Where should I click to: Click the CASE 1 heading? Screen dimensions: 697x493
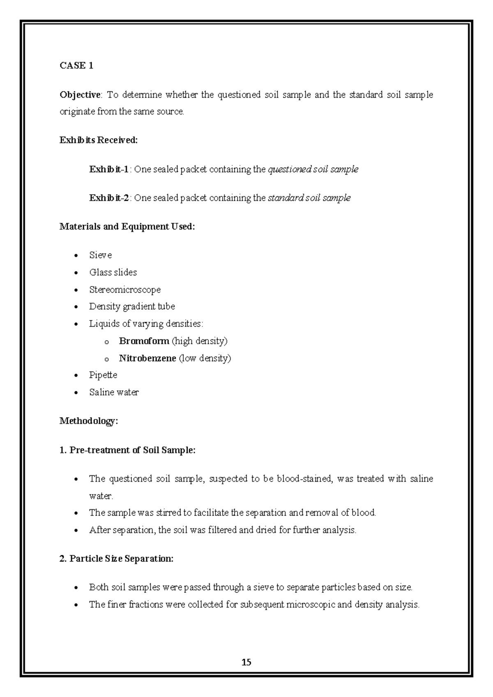click(76, 66)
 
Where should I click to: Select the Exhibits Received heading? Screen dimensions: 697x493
click(99, 140)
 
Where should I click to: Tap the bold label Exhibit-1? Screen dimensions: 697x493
click(109, 169)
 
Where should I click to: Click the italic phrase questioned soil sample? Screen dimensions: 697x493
click(313, 169)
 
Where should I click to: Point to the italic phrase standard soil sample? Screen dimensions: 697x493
click(309, 198)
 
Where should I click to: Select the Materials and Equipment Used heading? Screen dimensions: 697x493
click(127, 226)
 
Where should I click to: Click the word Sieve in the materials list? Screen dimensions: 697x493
click(100, 255)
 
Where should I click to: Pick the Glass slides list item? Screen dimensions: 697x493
click(113, 272)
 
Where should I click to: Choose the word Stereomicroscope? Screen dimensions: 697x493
click(125, 290)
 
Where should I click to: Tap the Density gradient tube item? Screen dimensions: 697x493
click(132, 307)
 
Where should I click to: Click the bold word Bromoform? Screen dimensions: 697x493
click(144, 341)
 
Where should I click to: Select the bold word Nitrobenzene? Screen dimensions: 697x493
click(147, 358)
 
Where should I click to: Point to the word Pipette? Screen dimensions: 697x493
click(103, 375)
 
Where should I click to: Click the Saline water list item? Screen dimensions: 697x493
click(114, 392)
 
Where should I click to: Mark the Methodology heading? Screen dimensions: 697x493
click(89, 421)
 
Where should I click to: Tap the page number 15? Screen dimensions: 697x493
click(246, 662)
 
